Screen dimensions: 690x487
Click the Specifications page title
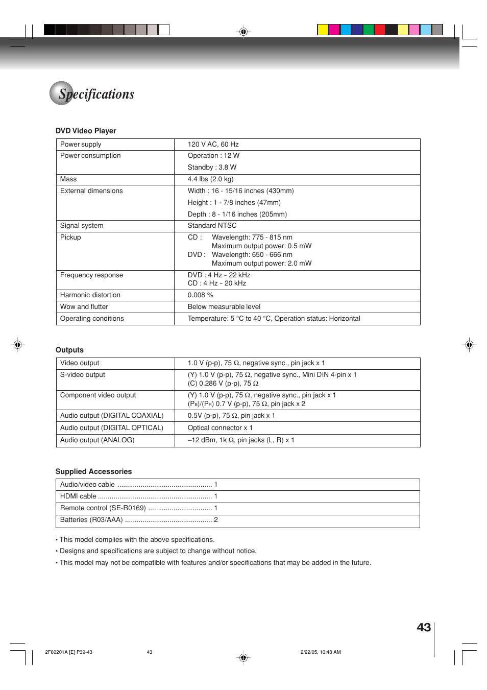pyautogui.click(x=96, y=94)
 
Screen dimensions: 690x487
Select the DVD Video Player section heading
pyautogui.click(x=86, y=131)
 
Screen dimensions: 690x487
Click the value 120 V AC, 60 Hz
pyautogui.click(x=213, y=145)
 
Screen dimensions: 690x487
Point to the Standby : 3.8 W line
pyautogui.click(x=212, y=168)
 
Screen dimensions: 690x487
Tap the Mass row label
pyautogui.click(x=68, y=179)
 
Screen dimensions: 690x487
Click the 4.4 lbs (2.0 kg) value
pyautogui.click(x=210, y=179)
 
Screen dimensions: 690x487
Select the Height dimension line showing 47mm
pyautogui.click(x=234, y=203)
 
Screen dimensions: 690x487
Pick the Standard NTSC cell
pyautogui.click(x=212, y=226)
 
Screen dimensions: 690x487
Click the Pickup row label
pyautogui.click(x=70, y=237)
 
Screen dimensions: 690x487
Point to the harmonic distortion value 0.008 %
pyautogui.click(x=200, y=295)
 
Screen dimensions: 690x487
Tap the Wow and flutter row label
pyautogui.click(x=84, y=307)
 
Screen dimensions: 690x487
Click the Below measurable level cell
pyautogui.click(x=224, y=307)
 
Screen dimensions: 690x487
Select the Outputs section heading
pyautogui.click(x=69, y=350)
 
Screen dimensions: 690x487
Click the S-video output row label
pyautogui.click(x=83, y=375)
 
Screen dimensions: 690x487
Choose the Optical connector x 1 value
pyautogui.click(x=220, y=428)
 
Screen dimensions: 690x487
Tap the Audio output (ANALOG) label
pyautogui.click(x=97, y=440)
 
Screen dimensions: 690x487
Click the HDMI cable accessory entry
pyautogui.click(x=78, y=496)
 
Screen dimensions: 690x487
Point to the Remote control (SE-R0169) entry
pyautogui.click(x=103, y=508)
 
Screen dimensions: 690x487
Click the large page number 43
pyautogui.click(x=424, y=628)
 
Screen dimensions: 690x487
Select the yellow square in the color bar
pyautogui.click(x=323, y=30)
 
